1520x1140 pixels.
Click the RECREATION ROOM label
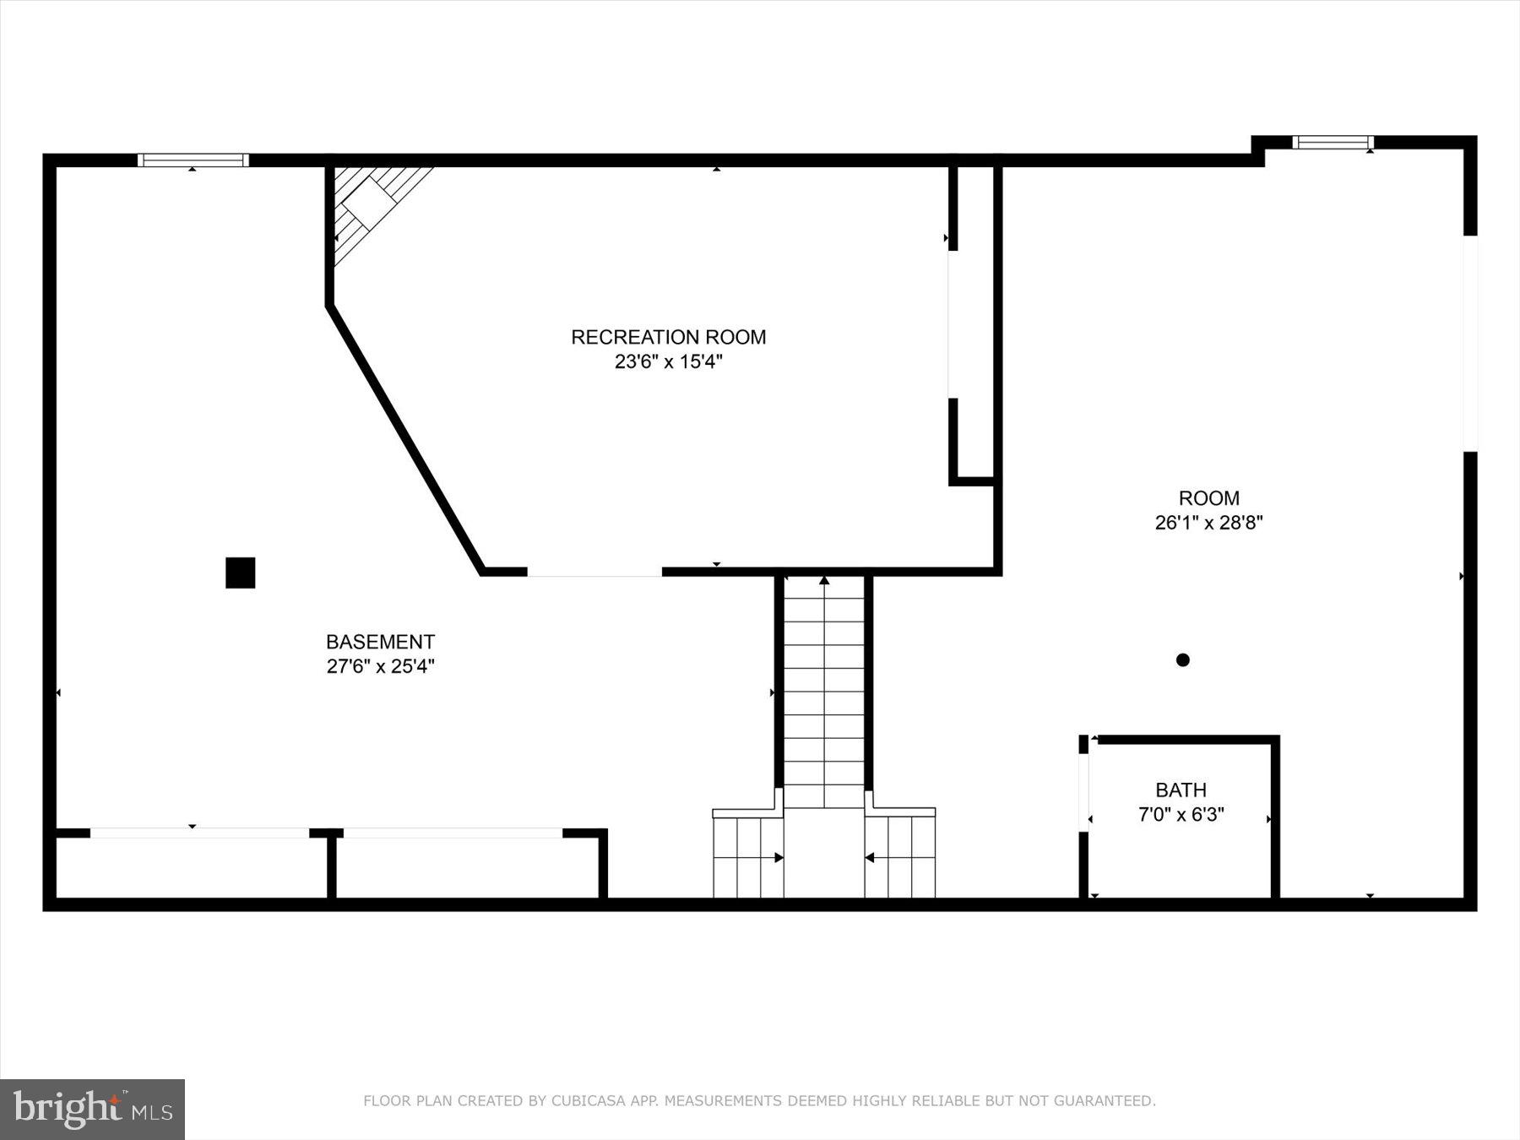point(668,337)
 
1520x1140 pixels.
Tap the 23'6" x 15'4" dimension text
point(668,362)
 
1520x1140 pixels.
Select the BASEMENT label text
point(380,642)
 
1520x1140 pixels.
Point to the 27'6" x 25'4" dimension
point(380,666)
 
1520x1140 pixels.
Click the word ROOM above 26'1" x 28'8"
point(1209,498)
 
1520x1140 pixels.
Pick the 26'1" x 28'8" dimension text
point(1208,523)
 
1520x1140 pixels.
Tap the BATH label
point(1181,790)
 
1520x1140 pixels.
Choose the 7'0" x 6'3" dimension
point(1181,815)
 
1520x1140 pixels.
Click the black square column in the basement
point(240,573)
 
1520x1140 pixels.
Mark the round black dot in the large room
point(1182,660)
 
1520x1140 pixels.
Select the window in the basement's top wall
point(193,160)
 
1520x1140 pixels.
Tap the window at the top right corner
point(1333,142)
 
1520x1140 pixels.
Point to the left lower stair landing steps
point(748,857)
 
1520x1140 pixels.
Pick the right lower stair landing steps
point(900,857)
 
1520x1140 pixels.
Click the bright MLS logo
point(92,1109)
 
